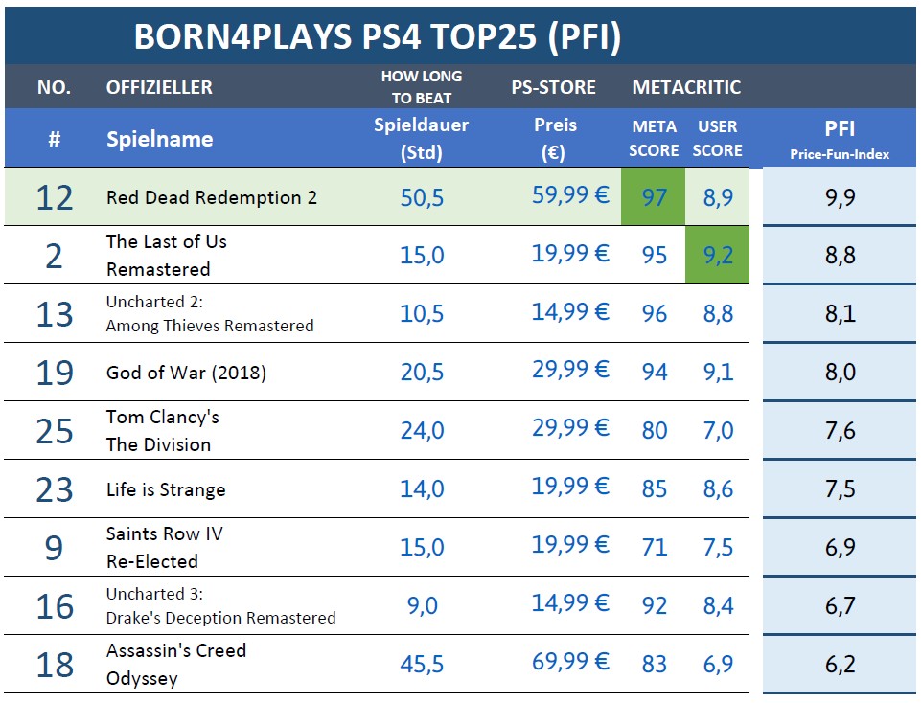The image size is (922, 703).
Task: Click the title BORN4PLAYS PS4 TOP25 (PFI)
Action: pos(377,36)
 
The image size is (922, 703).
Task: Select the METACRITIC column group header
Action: pos(686,87)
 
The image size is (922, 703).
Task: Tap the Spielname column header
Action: pos(159,139)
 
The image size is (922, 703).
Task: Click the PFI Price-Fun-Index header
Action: pos(840,139)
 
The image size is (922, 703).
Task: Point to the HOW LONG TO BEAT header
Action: pos(421,86)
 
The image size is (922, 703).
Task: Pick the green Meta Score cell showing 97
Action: pos(654,197)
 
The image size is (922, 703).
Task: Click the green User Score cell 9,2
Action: pos(717,256)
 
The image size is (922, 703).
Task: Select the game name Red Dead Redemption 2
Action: pos(211,197)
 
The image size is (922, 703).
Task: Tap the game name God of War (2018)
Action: pos(186,373)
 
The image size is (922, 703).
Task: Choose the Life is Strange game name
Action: pos(166,489)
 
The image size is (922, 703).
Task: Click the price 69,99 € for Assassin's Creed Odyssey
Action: pos(570,663)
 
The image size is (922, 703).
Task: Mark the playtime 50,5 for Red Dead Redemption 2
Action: pos(422,197)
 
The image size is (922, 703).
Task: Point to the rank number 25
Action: pos(55,431)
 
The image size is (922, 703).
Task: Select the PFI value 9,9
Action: pos(840,197)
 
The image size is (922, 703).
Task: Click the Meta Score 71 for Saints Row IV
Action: pos(654,547)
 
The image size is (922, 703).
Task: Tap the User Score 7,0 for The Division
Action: pos(717,431)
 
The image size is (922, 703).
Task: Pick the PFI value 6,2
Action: pos(840,664)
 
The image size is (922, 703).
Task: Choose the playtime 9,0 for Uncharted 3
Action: pos(422,605)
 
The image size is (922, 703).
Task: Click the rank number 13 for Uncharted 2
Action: pos(55,314)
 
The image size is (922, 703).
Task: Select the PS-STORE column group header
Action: pos(554,87)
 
